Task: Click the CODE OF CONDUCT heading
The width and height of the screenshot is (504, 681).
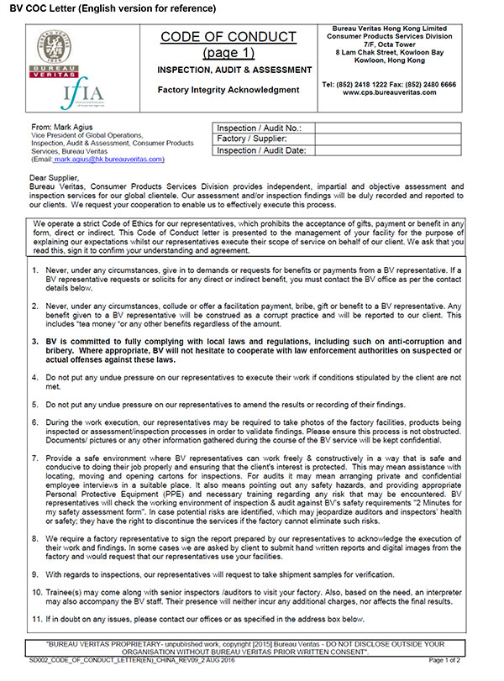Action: (228, 37)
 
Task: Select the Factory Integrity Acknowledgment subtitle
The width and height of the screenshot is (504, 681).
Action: (228, 89)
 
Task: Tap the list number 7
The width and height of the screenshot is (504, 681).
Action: (34, 458)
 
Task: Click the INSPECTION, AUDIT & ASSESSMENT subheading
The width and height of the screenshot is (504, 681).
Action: (228, 71)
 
